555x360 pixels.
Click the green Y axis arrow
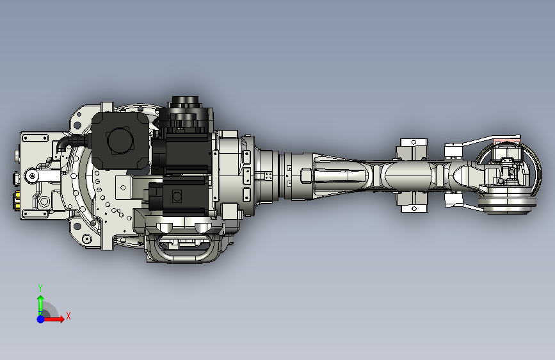40,304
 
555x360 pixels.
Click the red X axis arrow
56,318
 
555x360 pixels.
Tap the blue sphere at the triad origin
40,318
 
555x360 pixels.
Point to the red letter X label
68,316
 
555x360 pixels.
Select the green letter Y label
40,288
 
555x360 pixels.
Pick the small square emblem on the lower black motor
177,195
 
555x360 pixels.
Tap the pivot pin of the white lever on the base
32,176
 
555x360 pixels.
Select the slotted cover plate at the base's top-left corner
35,138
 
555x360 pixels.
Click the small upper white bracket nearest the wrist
454,150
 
